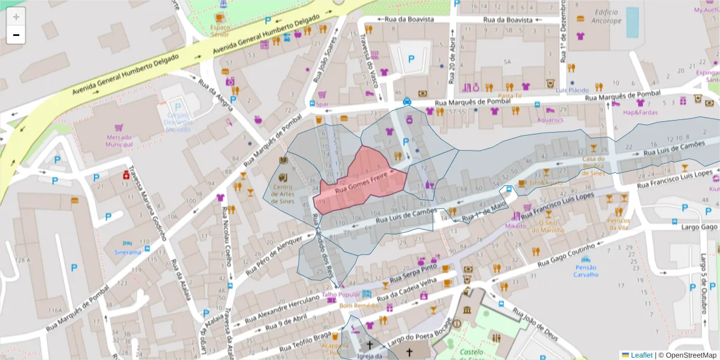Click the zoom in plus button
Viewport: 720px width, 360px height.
tap(16, 17)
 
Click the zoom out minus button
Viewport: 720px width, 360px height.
tap(16, 35)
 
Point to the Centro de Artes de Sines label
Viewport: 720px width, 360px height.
tap(283, 193)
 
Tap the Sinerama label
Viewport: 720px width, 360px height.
tap(127, 252)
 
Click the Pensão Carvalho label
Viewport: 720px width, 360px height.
tap(586, 271)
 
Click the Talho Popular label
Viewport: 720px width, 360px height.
tap(340, 295)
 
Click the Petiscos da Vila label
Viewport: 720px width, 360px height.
tap(619, 224)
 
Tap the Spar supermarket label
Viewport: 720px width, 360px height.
tap(322, 104)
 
